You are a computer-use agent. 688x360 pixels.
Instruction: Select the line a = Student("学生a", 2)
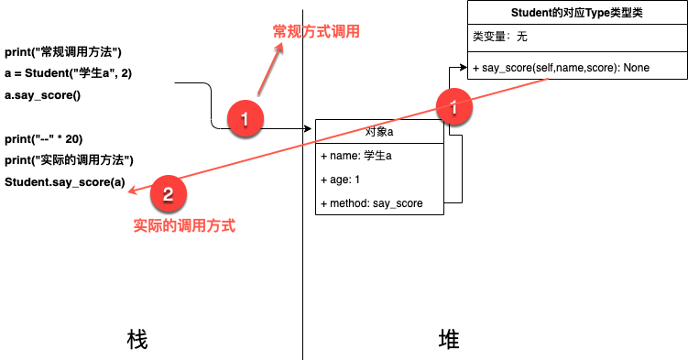tap(69, 73)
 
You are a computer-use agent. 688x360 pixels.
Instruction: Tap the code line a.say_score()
tap(43, 94)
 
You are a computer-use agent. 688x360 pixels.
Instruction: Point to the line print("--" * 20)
tap(43, 138)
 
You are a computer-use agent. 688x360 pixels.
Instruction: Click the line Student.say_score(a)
tap(65, 181)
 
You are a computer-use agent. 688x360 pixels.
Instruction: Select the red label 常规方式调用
tap(316, 32)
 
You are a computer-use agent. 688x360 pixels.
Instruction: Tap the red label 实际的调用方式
tap(184, 225)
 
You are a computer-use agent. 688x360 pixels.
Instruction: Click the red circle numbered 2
tap(167, 193)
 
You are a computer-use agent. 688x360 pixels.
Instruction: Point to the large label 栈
tap(137, 340)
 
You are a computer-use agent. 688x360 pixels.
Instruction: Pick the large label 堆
tap(448, 340)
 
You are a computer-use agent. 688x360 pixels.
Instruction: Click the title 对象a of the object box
tap(379, 133)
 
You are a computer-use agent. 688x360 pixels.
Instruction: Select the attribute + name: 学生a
tap(356, 156)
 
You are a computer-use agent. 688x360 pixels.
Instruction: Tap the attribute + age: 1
tap(340, 180)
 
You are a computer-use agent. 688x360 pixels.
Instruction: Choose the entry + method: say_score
tap(372, 203)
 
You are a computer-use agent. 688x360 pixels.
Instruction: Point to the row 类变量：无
tap(500, 38)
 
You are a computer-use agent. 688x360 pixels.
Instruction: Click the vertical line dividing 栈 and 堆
tap(302, 275)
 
